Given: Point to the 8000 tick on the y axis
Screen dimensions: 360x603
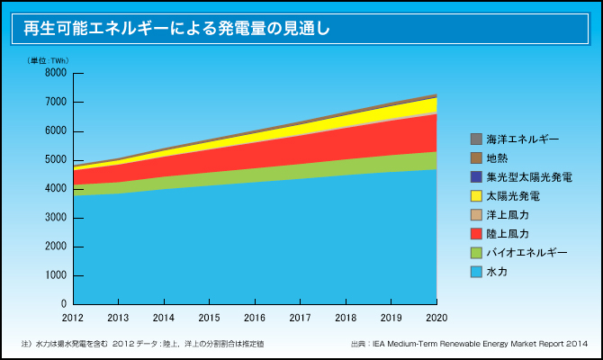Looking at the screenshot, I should pyautogui.click(x=55, y=73).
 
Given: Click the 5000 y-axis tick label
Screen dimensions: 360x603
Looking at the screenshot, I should pyautogui.click(x=55, y=160).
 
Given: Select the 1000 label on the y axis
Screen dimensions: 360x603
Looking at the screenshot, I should pyautogui.click(x=55, y=275).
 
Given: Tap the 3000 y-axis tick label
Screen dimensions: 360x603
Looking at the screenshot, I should pyautogui.click(x=55, y=218).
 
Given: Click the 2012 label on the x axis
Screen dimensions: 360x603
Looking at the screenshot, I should pyautogui.click(x=73, y=318).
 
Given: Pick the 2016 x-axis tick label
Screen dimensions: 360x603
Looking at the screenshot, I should pyautogui.click(x=255, y=318).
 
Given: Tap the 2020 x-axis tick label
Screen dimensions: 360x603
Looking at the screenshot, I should pyautogui.click(x=436, y=318).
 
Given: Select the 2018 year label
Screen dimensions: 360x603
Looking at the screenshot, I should pyautogui.click(x=346, y=318).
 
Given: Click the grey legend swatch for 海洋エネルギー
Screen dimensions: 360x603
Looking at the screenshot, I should pyautogui.click(x=476, y=139).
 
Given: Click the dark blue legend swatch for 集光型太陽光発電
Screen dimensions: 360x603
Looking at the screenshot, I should pyautogui.click(x=476, y=177).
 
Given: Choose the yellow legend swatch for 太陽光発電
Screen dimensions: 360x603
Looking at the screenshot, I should pyautogui.click(x=476, y=196).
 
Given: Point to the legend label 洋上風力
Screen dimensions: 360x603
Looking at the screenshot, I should pyautogui.click(x=508, y=215).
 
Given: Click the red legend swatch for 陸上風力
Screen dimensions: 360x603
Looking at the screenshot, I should pyautogui.click(x=476, y=234).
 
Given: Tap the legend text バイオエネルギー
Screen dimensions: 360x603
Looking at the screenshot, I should pyautogui.click(x=527, y=253).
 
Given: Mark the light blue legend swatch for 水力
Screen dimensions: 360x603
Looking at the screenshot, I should pyautogui.click(x=476, y=272).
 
